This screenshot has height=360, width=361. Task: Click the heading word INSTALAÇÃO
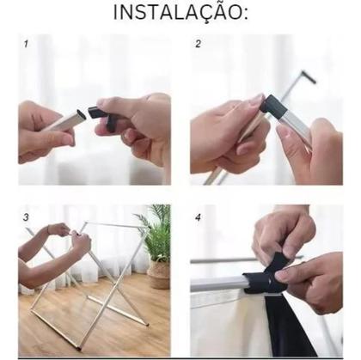(180, 13)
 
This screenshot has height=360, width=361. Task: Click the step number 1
(27, 43)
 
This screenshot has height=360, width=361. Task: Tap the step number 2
(199, 43)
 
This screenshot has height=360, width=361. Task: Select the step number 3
(26, 217)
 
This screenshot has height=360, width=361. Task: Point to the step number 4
(199, 217)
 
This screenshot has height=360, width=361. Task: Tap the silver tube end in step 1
(68, 119)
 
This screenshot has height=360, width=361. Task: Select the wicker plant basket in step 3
(159, 274)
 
